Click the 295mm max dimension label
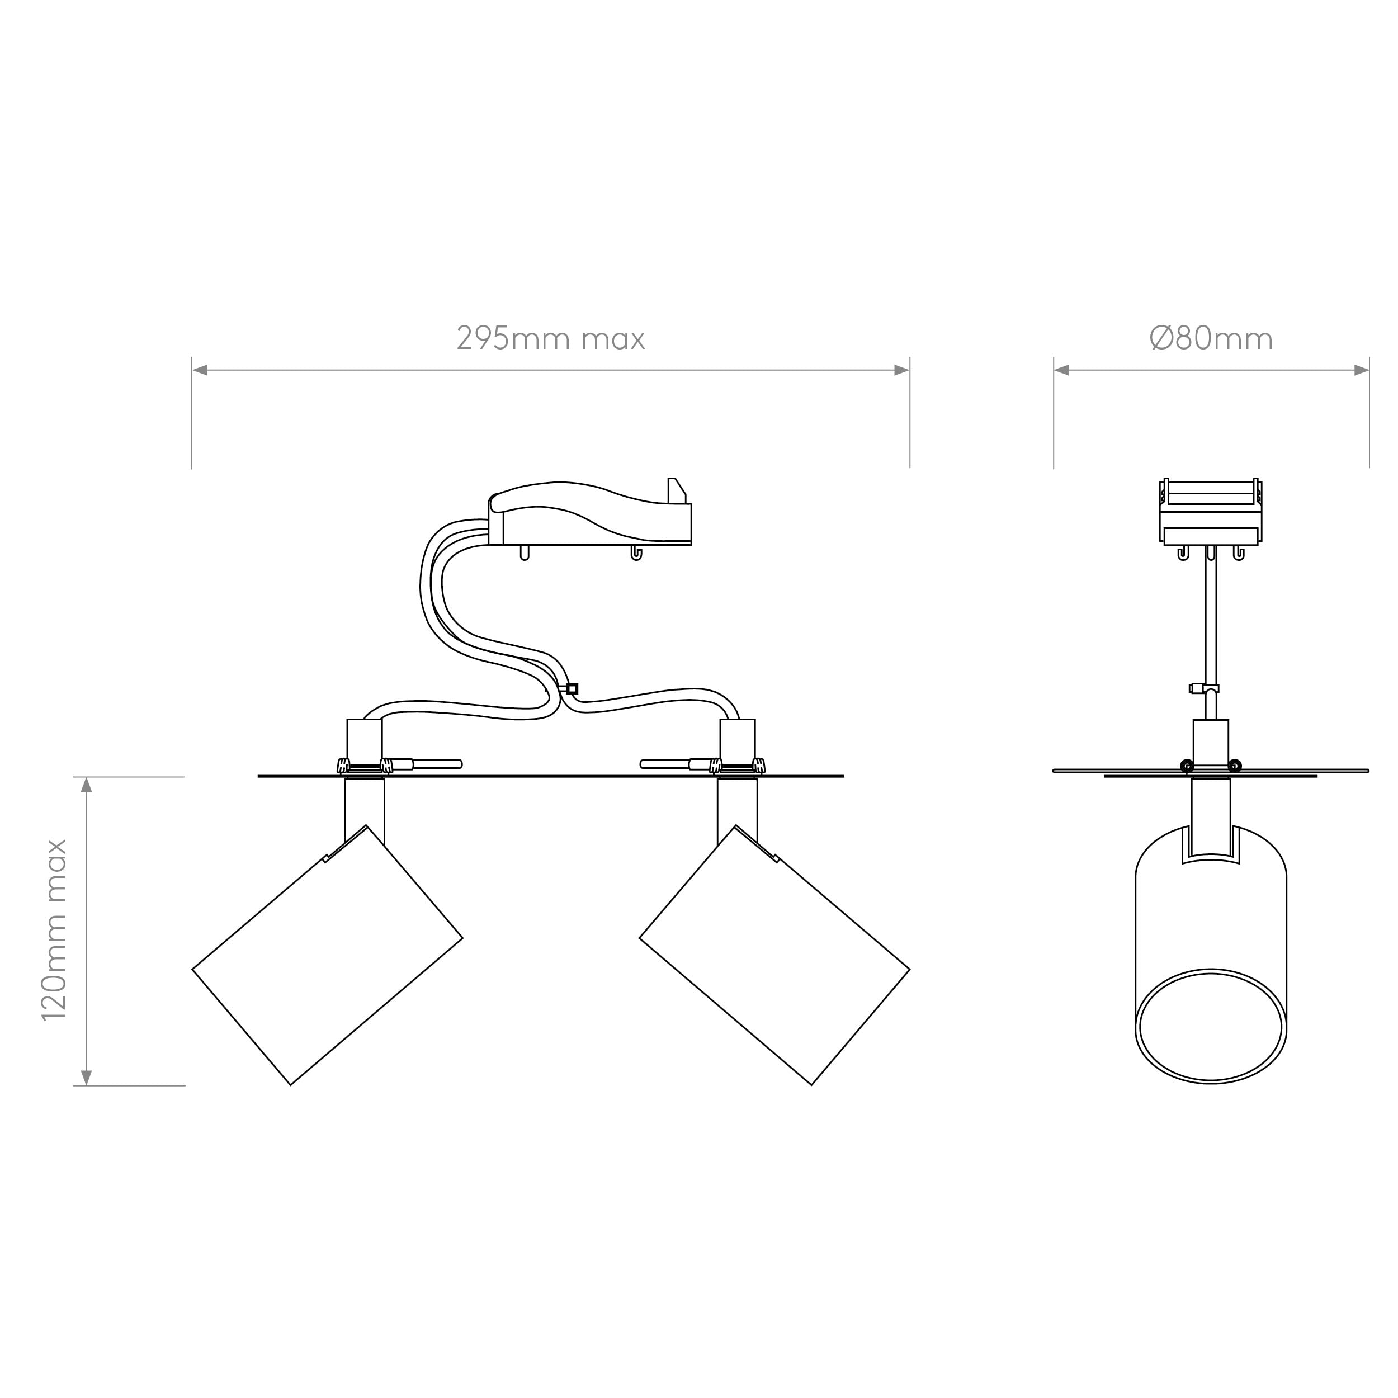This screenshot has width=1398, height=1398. (x=551, y=338)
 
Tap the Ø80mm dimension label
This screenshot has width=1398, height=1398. (x=1211, y=338)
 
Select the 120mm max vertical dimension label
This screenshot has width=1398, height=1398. (x=55, y=931)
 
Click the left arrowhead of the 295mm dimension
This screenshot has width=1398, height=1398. (x=200, y=371)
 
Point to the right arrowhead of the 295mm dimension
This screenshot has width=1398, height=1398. (x=901, y=371)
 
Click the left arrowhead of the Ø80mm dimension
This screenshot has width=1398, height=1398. (x=1061, y=371)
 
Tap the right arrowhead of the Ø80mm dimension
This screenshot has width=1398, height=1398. (x=1361, y=371)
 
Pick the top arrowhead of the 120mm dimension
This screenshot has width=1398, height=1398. (x=87, y=785)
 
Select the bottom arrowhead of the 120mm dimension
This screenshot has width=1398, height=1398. (x=87, y=1078)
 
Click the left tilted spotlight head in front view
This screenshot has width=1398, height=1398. (x=327, y=955)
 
